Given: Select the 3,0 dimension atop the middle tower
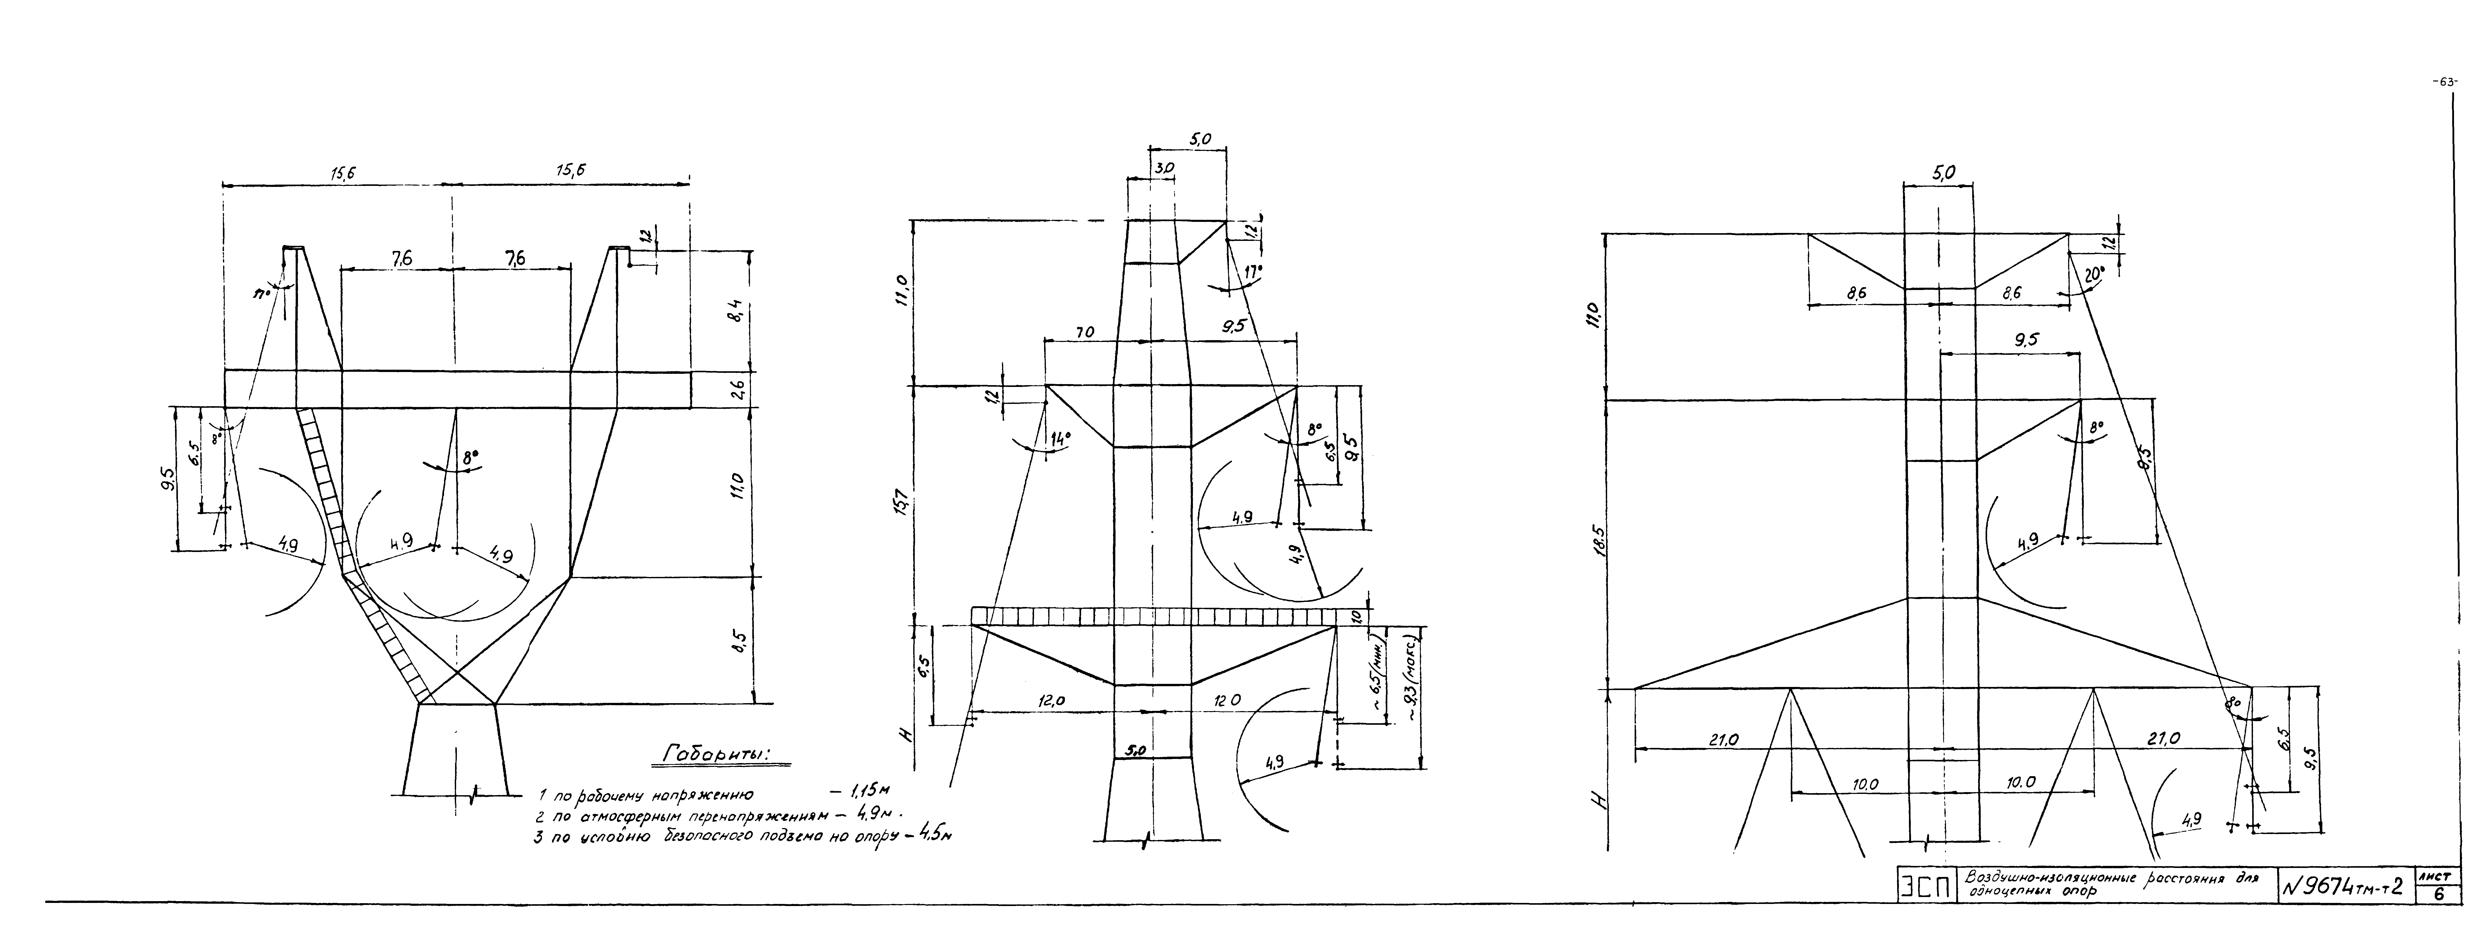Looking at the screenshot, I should [x=1164, y=168].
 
